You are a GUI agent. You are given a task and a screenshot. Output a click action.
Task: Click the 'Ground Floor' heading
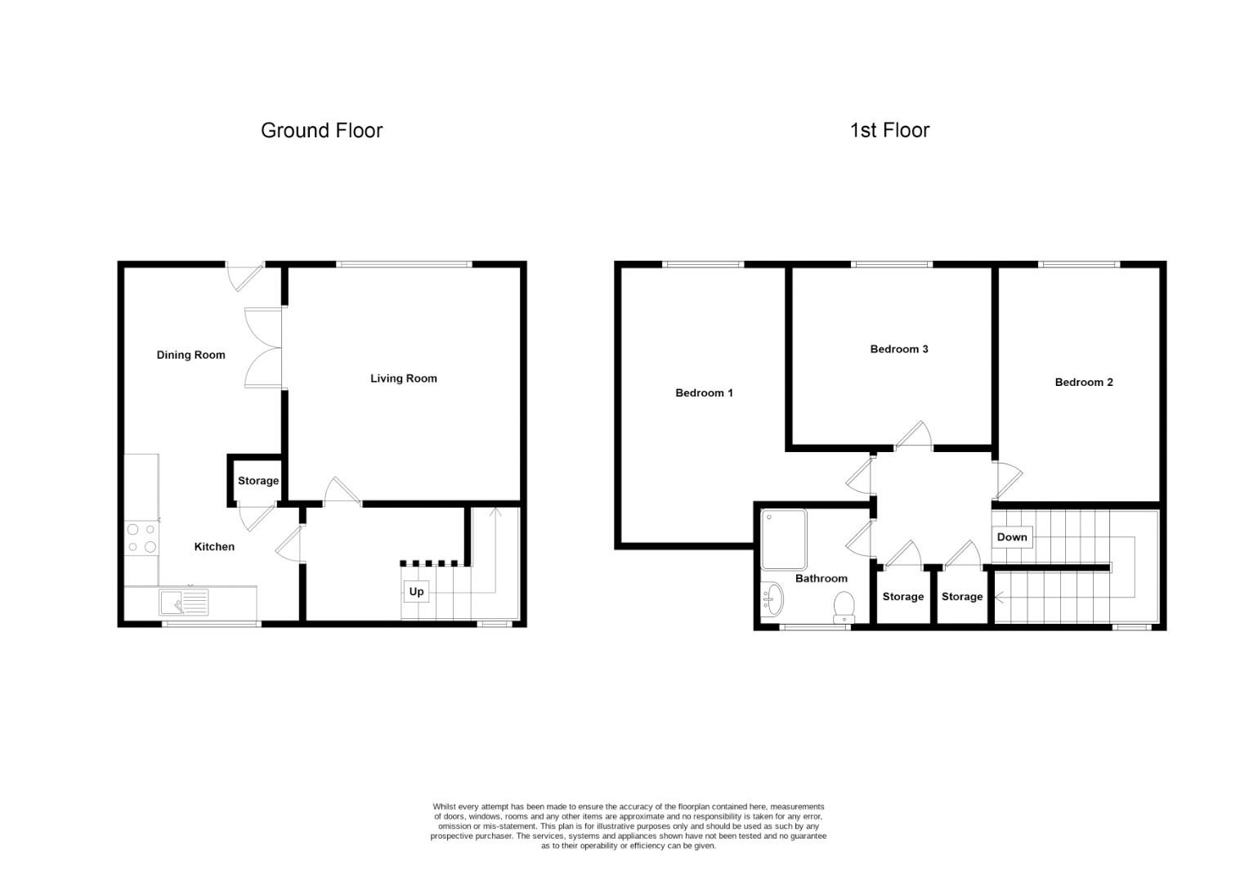click(321, 131)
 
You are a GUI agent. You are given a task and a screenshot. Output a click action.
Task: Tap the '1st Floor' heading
click(889, 131)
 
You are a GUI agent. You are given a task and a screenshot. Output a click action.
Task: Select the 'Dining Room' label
click(190, 355)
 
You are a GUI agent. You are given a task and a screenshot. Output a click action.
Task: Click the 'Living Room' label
click(404, 379)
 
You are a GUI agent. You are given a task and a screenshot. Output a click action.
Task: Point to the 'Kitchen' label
click(214, 547)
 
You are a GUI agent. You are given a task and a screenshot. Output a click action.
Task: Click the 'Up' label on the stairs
click(416, 591)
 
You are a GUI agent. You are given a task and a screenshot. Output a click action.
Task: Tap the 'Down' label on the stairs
click(1011, 537)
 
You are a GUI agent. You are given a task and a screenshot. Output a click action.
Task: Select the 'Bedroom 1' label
click(704, 393)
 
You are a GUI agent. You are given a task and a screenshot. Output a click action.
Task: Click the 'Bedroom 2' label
click(1083, 382)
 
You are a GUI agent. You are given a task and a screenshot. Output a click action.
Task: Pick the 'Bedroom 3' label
click(898, 349)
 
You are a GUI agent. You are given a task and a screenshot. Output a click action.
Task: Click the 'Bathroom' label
click(821, 578)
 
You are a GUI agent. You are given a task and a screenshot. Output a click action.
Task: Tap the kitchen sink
click(184, 603)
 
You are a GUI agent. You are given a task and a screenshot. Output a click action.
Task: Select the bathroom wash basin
click(771, 601)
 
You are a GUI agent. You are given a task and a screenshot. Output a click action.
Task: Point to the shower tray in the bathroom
click(783, 540)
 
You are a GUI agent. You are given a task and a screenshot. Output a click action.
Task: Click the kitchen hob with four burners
click(141, 538)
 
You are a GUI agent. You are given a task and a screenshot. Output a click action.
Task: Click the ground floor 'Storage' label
click(258, 481)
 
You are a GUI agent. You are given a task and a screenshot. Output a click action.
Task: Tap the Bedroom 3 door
click(915, 437)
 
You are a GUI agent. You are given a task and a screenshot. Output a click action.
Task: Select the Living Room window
click(404, 264)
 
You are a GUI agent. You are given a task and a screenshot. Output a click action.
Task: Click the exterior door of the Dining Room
click(243, 276)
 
